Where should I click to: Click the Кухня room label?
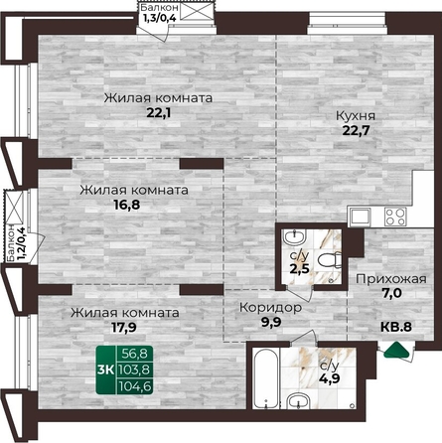pyautogui.click(x=356, y=116)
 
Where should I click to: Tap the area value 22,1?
pyautogui.click(x=160, y=113)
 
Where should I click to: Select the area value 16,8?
pyautogui.click(x=127, y=205)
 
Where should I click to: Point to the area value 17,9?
pyautogui.click(x=123, y=327)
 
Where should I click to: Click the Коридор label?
pyautogui.click(x=271, y=308)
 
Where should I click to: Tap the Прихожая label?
pyautogui.click(x=391, y=279)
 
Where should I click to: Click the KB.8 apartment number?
pyautogui.click(x=396, y=327)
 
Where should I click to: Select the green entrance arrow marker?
pyautogui.click(x=396, y=351)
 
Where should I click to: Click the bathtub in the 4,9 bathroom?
pyautogui.click(x=266, y=377)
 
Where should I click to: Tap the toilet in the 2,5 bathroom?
pyautogui.click(x=329, y=259)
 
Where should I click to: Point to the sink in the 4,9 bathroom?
pyautogui.click(x=299, y=400)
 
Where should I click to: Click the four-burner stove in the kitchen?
pyautogui.click(x=395, y=218)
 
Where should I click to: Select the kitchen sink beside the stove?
pyautogui.click(x=360, y=218)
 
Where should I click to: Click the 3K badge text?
pyautogui.click(x=105, y=369)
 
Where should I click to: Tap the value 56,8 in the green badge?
pyautogui.click(x=135, y=354)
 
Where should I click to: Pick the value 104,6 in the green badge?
pyautogui.click(x=136, y=385)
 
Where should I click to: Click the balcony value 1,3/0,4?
pyautogui.click(x=159, y=17)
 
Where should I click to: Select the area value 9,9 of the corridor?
pyautogui.click(x=271, y=322)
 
